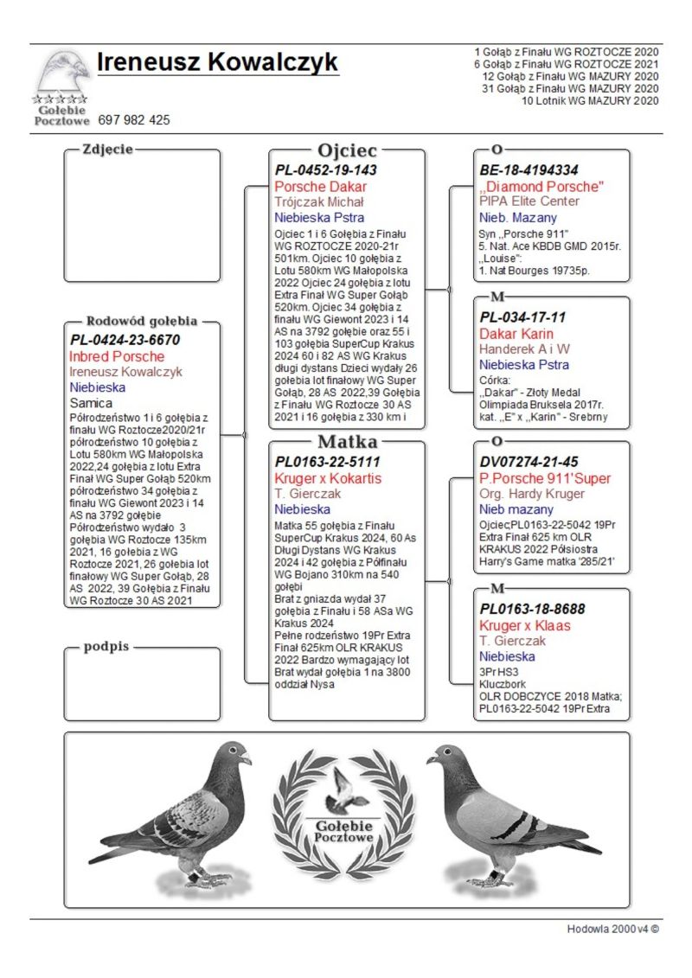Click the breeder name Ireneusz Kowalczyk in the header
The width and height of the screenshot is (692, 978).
pyautogui.click(x=217, y=63)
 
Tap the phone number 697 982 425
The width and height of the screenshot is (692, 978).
pyautogui.click(x=134, y=120)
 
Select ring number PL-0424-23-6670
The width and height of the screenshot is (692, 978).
pyautogui.click(x=125, y=340)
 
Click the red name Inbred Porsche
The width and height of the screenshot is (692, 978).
pyautogui.click(x=117, y=356)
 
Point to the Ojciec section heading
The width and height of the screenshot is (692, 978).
pyautogui.click(x=347, y=150)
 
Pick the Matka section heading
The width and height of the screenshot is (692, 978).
pyautogui.click(x=347, y=442)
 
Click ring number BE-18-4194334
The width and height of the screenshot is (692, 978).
pyautogui.click(x=529, y=170)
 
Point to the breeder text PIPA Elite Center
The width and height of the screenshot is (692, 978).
pyautogui.click(x=529, y=201)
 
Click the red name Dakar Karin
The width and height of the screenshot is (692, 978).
pyautogui.click(x=516, y=334)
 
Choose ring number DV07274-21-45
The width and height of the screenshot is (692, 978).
pyautogui.click(x=529, y=463)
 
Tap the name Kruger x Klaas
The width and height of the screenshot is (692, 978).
pyautogui.click(x=525, y=625)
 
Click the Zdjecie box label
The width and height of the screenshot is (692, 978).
pyautogui.click(x=107, y=149)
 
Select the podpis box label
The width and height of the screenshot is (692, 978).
pyautogui.click(x=106, y=647)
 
